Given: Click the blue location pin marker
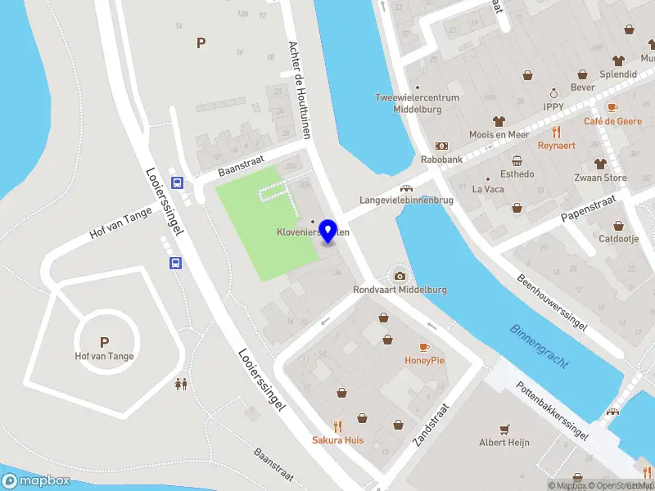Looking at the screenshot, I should coord(329,230).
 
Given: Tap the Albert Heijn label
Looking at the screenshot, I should coord(504,443).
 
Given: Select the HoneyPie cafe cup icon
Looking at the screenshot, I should coord(424,347).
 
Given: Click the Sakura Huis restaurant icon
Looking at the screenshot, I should coord(337,426).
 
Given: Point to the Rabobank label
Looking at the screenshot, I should coord(442,160).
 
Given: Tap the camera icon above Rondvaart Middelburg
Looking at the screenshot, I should coord(400,276).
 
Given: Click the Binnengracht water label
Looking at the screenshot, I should coord(539,345).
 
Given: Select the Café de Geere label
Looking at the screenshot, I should coord(612,121).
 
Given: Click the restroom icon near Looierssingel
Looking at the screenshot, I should coord(180,382).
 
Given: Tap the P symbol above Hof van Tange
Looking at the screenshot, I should coord(104,342).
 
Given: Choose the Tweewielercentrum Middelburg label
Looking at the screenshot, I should coord(418,103).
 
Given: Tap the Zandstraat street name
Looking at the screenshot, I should coord(431,424).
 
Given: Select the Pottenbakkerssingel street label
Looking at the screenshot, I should coord(553,414).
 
